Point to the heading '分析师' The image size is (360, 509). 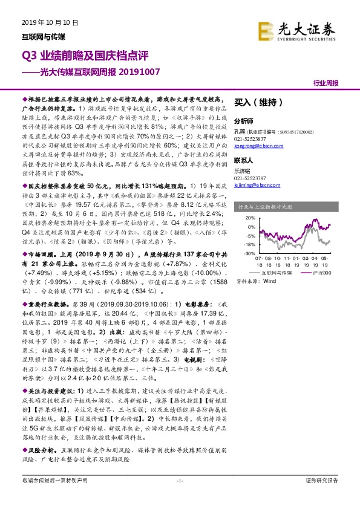pyautogui.click(x=242, y=120)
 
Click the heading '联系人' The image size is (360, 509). pyautogui.click(x=242, y=161)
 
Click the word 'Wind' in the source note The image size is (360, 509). pyautogui.click(x=270, y=281)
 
